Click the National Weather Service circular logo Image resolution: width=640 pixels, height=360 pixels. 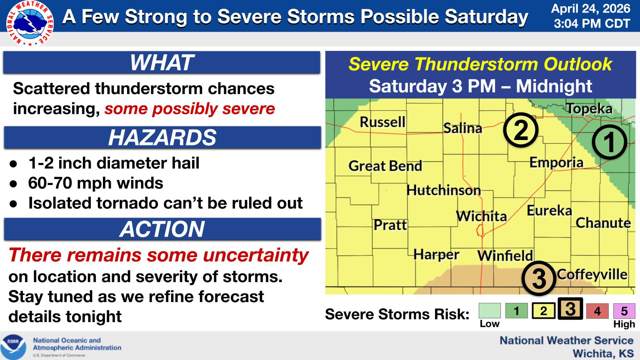30,23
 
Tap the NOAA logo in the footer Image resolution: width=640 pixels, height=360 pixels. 13,347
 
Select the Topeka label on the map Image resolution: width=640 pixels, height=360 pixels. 590,109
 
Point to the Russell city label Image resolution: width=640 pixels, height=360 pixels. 382,122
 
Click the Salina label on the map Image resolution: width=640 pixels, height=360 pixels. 462,128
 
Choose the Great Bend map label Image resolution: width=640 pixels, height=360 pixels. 385,166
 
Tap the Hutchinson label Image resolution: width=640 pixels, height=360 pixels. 444,190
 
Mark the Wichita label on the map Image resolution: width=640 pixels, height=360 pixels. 481,216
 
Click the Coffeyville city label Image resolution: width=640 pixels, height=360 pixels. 592,275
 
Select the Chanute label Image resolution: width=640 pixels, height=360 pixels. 603,223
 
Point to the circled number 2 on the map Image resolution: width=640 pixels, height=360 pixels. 520,130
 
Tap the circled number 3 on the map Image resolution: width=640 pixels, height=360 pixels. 539,278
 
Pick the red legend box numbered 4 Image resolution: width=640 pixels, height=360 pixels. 597,311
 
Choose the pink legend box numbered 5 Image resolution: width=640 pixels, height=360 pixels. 624,311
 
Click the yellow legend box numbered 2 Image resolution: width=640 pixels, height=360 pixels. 543,311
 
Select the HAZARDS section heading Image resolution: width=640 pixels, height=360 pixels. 162,137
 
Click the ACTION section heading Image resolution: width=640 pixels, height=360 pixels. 162,229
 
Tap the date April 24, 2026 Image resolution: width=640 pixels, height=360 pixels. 590,9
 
